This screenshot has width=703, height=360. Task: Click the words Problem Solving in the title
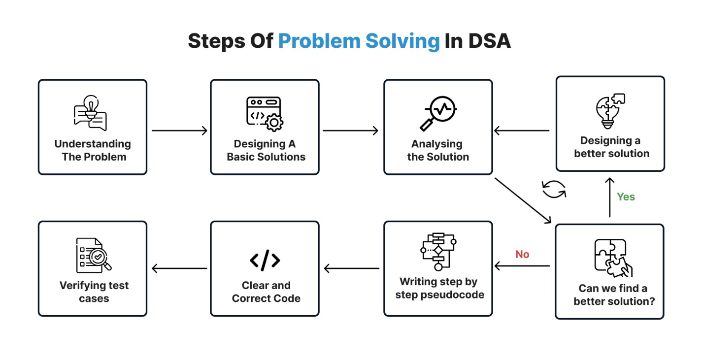(x=359, y=41)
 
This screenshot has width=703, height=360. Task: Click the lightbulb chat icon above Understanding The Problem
(x=90, y=112)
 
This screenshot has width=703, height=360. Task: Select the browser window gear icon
(x=265, y=114)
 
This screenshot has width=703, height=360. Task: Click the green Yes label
(x=626, y=197)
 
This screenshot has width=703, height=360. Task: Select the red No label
(x=522, y=255)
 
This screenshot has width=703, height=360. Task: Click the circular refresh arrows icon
(x=554, y=189)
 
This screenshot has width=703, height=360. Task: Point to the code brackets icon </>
(x=265, y=261)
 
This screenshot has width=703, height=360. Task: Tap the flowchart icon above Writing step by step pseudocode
(x=438, y=252)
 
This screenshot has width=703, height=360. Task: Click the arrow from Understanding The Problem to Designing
(x=179, y=131)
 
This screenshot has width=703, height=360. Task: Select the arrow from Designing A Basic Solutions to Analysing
(x=350, y=131)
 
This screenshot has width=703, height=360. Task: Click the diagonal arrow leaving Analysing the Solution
(x=523, y=200)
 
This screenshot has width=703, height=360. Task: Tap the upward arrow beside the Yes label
(x=610, y=197)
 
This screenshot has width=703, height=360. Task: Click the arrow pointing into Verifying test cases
(x=179, y=268)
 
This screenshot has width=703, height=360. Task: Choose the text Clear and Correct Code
(x=266, y=292)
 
